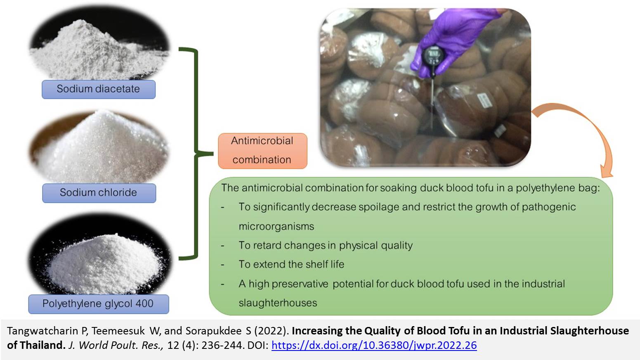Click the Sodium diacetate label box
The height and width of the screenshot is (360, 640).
tap(98, 89)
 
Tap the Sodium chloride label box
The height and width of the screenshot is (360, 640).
tap(99, 193)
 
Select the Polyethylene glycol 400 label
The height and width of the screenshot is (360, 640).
tap(98, 304)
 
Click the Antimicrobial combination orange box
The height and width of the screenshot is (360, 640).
tap(262, 151)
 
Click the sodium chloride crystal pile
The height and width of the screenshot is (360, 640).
tap(99, 149)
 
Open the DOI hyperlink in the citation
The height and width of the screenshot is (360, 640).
tap(374, 345)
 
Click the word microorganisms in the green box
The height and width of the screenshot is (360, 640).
tap(276, 226)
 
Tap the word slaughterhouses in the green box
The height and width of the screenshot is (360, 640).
tap(278, 303)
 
